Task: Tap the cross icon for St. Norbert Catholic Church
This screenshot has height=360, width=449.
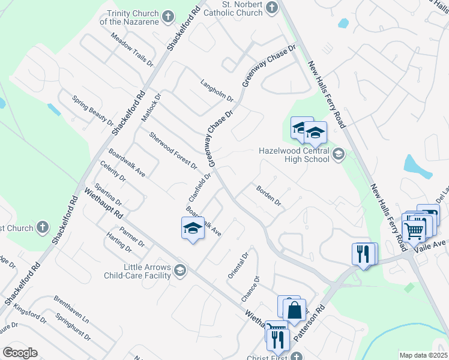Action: click(x=272, y=7)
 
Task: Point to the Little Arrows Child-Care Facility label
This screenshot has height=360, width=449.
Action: click(x=137, y=272)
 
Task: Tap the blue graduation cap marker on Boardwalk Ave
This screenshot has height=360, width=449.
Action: click(x=193, y=229)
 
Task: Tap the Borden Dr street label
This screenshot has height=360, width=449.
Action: click(x=268, y=196)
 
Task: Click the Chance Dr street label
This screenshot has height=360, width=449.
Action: click(x=251, y=288)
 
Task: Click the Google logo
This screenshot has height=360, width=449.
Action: click(x=20, y=353)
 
